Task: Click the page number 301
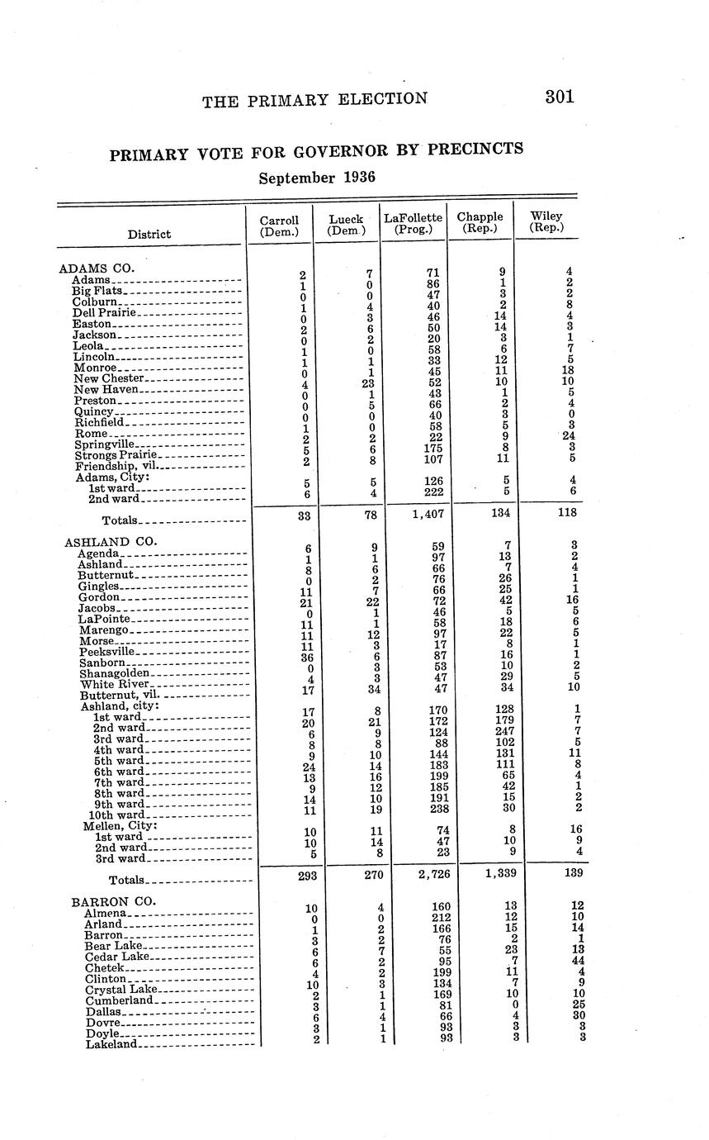[559, 97]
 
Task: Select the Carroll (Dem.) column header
[279, 225]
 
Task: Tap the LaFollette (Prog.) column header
[413, 223]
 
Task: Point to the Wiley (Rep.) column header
[546, 222]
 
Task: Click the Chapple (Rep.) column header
[480, 223]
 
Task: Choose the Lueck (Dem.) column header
[346, 225]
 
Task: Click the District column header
[149, 235]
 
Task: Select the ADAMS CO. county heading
[97, 268]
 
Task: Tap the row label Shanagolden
[114, 673]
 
